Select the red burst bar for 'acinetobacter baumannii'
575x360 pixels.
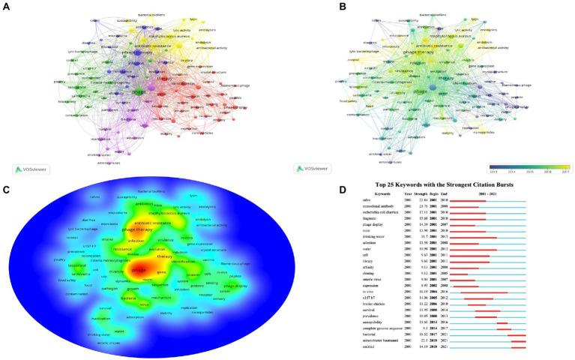click(x=519, y=341)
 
